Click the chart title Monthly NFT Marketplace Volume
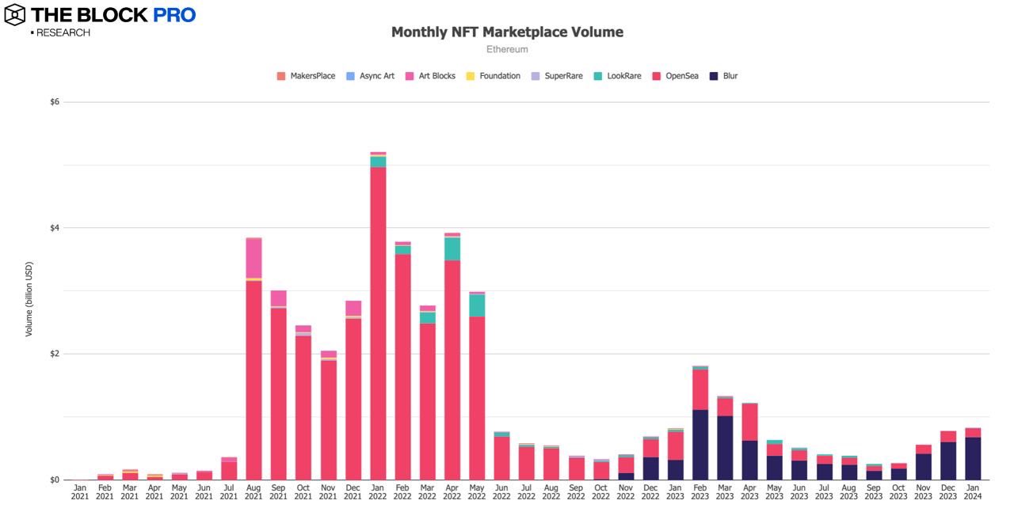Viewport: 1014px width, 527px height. click(507, 32)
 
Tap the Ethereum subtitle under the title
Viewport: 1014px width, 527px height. click(507, 50)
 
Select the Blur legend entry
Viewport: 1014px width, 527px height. click(723, 76)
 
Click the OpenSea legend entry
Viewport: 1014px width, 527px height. click(675, 76)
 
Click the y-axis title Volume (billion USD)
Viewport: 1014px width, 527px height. click(29, 299)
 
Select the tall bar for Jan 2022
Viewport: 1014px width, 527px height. click(378, 317)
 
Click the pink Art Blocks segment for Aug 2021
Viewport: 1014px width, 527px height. click(253, 258)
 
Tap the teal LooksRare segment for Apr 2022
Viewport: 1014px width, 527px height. click(452, 248)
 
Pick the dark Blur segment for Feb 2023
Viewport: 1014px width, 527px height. click(700, 444)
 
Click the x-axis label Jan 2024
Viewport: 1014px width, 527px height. click(974, 492)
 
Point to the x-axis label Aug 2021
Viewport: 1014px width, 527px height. click(253, 492)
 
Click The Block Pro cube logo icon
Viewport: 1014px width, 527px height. click(14, 14)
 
